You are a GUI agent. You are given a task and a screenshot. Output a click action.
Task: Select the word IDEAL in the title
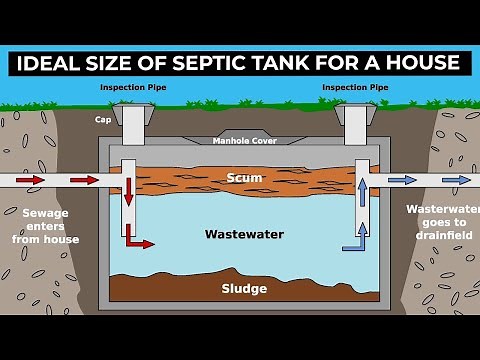click(x=54, y=63)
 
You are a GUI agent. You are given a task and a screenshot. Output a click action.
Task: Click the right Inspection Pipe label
click(x=354, y=87)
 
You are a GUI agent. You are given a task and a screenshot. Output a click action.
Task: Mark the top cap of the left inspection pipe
click(x=131, y=113)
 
